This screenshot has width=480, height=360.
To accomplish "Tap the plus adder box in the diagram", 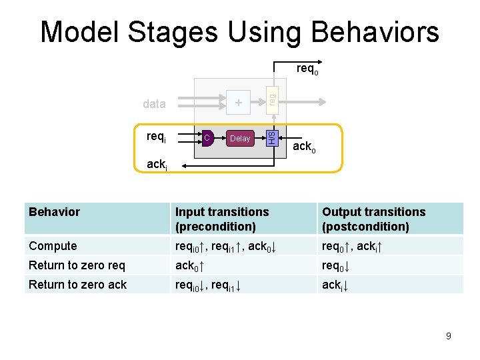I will (x=239, y=103).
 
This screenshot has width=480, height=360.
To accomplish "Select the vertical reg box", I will (x=271, y=97).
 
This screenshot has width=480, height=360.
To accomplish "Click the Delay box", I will (x=239, y=139).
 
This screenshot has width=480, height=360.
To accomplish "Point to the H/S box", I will (x=271, y=138).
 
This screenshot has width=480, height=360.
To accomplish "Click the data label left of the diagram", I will (x=154, y=103).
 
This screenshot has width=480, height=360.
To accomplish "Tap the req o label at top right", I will (x=307, y=69).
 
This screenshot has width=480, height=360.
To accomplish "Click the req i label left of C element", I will (x=156, y=137).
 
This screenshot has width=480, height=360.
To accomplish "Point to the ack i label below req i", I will (x=156, y=165).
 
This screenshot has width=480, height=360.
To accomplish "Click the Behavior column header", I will (x=55, y=212).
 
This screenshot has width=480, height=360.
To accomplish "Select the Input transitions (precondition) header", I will (x=222, y=219).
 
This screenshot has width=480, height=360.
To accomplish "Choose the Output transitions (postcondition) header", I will (x=373, y=219).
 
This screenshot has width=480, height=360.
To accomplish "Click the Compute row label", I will (x=53, y=246).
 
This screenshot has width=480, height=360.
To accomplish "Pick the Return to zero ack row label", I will (x=77, y=285).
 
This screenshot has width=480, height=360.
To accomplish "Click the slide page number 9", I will (x=448, y=336).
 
